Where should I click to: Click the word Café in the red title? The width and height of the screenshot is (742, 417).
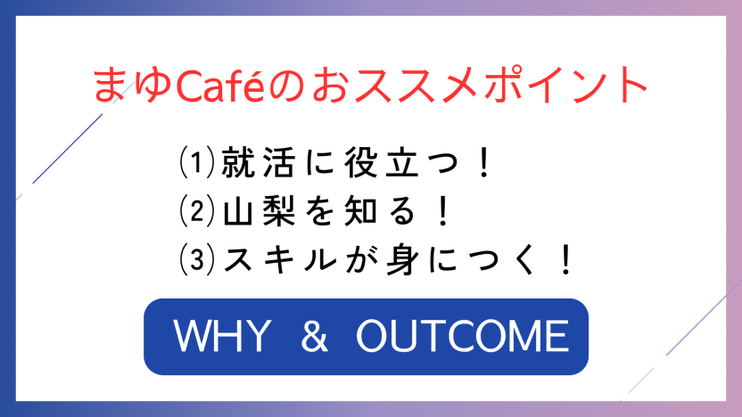click(219, 86)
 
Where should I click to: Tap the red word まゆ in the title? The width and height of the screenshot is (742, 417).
click(133, 86)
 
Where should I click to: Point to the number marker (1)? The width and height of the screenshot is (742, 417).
click(197, 162)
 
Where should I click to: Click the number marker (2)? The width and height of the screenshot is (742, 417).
click(197, 211)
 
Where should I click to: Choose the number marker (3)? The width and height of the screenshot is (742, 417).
click(197, 259)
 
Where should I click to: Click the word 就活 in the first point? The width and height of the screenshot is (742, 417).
click(259, 162)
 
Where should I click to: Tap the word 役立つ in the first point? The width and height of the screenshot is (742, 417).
click(401, 162)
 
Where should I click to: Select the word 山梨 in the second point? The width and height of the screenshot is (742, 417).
click(259, 211)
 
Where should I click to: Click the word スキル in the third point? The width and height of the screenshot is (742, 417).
click(280, 259)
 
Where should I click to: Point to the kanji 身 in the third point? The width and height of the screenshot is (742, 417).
click(403, 259)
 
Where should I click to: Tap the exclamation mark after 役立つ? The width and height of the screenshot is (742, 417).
click(484, 162)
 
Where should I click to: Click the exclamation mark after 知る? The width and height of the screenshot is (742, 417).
click(443, 211)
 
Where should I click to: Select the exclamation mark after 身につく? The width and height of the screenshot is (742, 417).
click(566, 259)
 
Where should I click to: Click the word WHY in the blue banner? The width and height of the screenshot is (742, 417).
click(222, 336)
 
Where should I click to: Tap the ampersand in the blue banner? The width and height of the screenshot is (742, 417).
click(314, 336)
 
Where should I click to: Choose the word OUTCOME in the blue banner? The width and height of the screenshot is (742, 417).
click(462, 336)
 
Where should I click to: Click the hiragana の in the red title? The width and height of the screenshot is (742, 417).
click(285, 86)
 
